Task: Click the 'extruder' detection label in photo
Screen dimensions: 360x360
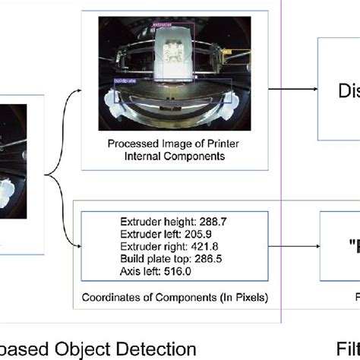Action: pyautogui.click(x=162, y=25)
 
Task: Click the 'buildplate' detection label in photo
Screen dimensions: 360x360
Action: pyautogui.click(x=126, y=79)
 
